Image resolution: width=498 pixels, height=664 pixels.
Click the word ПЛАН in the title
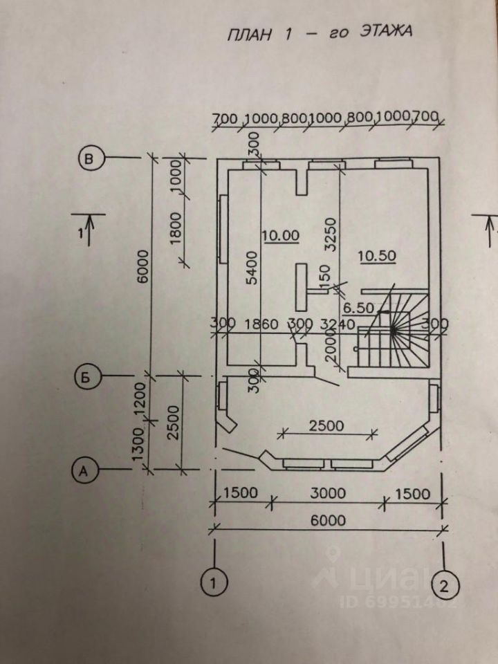click(x=250, y=35)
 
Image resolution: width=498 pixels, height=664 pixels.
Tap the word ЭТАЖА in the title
click(x=385, y=31)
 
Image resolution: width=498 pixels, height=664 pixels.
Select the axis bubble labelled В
click(x=90, y=158)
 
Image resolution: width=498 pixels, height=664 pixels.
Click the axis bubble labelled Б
click(x=86, y=377)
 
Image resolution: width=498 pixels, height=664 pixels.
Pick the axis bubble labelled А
click(x=84, y=470)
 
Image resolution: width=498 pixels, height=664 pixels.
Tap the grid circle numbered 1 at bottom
click(x=214, y=583)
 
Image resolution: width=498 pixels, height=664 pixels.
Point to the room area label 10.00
click(x=281, y=235)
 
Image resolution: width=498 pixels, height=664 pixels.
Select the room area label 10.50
click(x=377, y=256)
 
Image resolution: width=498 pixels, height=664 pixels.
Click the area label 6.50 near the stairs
click(x=358, y=308)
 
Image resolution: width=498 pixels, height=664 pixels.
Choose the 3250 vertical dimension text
click(x=332, y=235)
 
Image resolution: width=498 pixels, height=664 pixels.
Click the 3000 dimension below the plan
click(x=328, y=493)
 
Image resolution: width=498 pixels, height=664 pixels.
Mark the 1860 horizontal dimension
click(x=261, y=324)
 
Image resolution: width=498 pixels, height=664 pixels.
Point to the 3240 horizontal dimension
click(x=338, y=324)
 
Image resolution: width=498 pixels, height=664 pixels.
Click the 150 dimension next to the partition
click(x=325, y=279)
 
